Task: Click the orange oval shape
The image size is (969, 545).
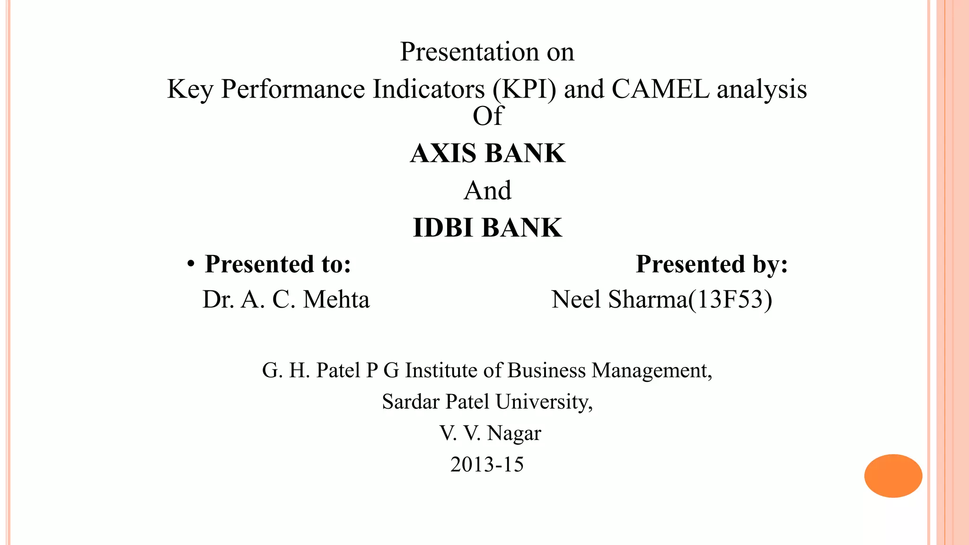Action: click(x=893, y=476)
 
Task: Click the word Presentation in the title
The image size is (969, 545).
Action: click(x=469, y=52)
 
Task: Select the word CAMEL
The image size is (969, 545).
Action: click(x=661, y=89)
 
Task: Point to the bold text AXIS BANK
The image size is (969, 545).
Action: click(x=487, y=153)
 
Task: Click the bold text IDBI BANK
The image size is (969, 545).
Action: click(x=487, y=228)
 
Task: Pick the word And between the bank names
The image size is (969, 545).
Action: click(x=487, y=191)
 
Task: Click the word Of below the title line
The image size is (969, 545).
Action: click(x=487, y=116)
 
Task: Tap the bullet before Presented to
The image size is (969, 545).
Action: click(x=190, y=264)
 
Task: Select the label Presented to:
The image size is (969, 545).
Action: click(x=278, y=264)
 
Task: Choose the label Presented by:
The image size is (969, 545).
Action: click(x=712, y=264)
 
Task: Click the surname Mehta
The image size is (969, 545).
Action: click(x=336, y=300)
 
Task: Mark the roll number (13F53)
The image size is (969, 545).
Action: click(x=730, y=300)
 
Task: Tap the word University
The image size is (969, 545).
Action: click(x=543, y=402)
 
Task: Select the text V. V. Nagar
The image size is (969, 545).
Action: click(x=490, y=433)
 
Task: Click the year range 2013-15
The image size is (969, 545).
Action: click(x=487, y=465)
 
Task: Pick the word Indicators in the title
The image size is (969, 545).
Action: click(x=429, y=89)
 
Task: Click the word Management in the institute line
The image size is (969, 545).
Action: click(x=652, y=370)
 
